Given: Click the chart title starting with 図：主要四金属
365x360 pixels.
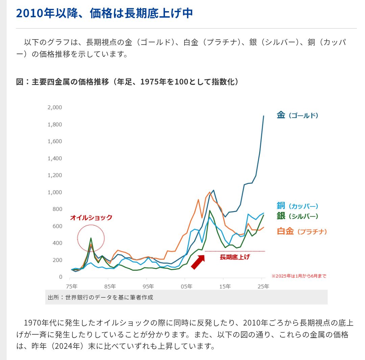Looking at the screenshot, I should click(x=127, y=82).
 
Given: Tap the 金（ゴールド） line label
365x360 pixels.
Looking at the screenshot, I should click(x=297, y=115).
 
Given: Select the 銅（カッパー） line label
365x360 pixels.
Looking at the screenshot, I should click(x=297, y=206).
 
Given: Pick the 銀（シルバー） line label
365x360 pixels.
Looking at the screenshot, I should click(x=297, y=216).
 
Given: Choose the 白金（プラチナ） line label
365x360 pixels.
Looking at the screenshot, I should click(x=302, y=232).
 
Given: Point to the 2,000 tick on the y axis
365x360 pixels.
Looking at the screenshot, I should click(x=55, y=107).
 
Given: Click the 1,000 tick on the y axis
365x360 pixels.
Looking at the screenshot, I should click(x=55, y=192).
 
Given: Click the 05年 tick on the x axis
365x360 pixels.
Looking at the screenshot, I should click(x=187, y=287).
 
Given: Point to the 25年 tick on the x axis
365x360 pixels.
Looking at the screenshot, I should click(x=263, y=287).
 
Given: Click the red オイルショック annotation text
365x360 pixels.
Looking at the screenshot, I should click(x=91, y=218).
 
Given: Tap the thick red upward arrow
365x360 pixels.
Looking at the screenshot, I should click(x=198, y=262).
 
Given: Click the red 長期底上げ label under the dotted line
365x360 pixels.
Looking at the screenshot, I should click(x=235, y=257).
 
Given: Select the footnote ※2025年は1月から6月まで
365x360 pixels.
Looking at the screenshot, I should click(x=299, y=276).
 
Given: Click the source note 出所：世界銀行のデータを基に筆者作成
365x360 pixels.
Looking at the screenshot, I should click(x=100, y=297).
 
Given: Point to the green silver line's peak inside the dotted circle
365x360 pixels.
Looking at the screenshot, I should click(x=91, y=238).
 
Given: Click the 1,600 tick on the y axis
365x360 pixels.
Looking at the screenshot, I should click(x=55, y=141).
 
